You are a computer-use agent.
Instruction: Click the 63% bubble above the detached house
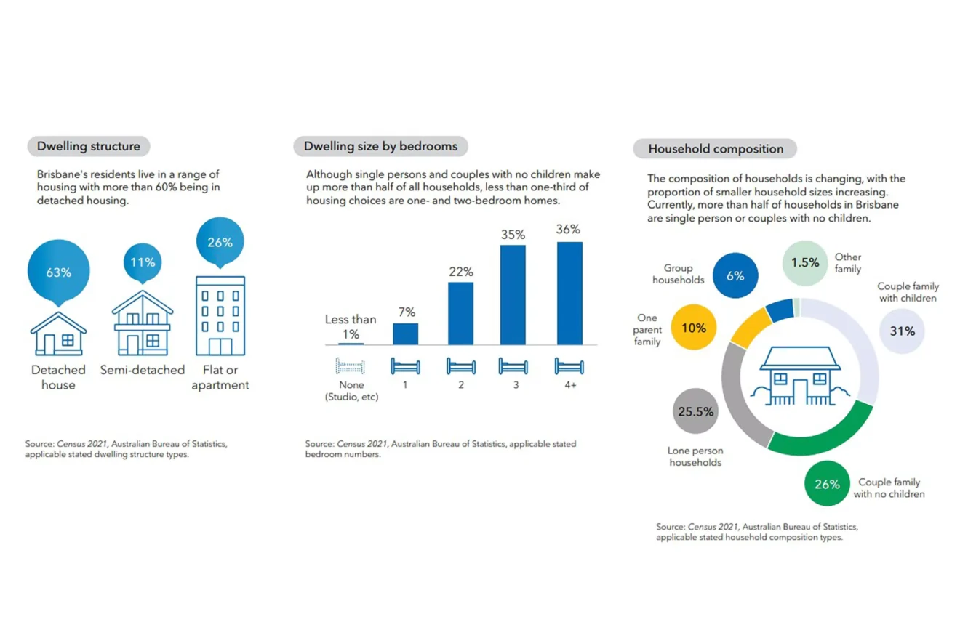(59, 271)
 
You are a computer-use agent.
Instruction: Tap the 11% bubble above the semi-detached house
(142, 262)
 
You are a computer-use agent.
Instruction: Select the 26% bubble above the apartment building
(220, 242)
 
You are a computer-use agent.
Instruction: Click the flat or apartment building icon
(220, 315)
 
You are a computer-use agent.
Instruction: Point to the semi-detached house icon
(143, 324)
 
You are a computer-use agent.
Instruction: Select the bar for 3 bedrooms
(513, 294)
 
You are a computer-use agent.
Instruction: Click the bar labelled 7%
(405, 334)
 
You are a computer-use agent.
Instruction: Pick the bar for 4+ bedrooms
(569, 293)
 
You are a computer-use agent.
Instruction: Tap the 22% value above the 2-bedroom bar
(461, 272)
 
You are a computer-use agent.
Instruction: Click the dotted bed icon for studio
(350, 366)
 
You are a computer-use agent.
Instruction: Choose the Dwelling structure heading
(89, 146)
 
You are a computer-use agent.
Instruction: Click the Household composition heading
(716, 149)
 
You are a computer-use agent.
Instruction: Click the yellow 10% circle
(693, 328)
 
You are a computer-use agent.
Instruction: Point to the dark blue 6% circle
(735, 276)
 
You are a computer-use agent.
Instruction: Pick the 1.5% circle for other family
(805, 262)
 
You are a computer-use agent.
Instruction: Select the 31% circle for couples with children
(902, 331)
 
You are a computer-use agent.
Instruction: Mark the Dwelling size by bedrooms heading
(380, 146)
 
